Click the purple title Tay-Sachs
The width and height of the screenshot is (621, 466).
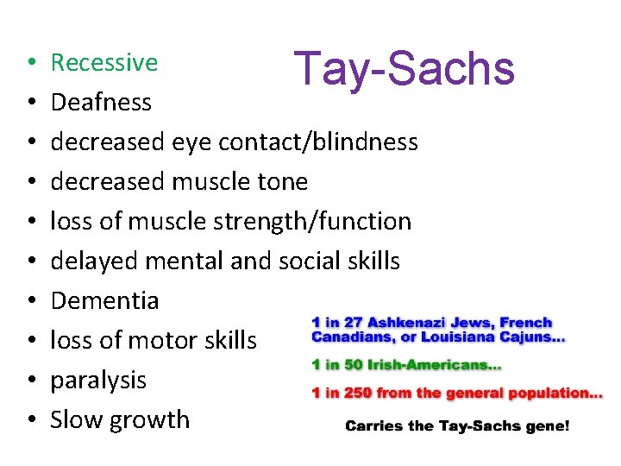click(404, 68)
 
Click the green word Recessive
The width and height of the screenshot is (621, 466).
click(104, 62)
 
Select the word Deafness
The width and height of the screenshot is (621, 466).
click(101, 102)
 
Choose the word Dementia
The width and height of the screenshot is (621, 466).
click(104, 300)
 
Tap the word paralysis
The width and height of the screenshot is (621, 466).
click(98, 380)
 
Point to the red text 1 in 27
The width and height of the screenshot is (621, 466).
click(339, 323)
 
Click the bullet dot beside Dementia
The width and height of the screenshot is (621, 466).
click(29, 301)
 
